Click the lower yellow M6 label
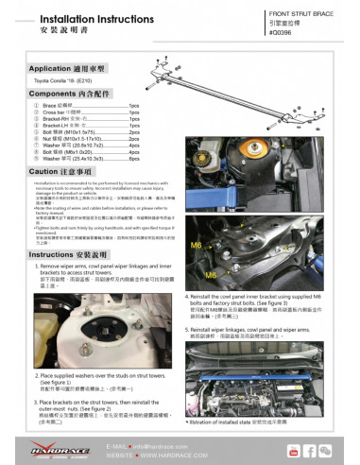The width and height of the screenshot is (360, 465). click(x=213, y=274)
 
